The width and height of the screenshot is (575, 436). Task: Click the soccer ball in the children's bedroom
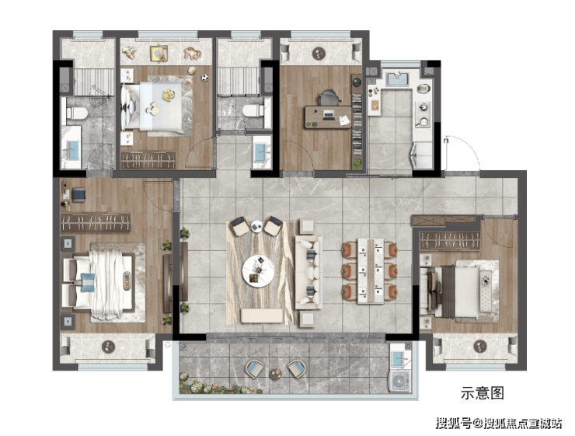coord(204,78)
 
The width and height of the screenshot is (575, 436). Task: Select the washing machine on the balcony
coord(399,382)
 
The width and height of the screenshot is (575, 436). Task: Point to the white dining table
coord(371,270)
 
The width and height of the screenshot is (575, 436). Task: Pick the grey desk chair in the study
coord(327,98)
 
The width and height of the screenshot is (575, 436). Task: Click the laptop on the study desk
coord(329,115)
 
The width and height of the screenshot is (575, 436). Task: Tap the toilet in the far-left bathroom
coord(76,113)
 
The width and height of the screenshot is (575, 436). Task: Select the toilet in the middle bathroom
coord(253,110)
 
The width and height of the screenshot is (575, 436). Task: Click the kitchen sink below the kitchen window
coord(397,79)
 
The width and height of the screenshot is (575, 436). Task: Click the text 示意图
coord(483,392)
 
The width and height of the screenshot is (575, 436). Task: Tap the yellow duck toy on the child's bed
coord(169,95)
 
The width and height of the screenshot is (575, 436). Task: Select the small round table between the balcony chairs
coord(275,374)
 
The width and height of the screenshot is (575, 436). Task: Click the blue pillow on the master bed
coord(87,282)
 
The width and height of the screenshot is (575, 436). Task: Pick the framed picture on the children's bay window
coord(159,54)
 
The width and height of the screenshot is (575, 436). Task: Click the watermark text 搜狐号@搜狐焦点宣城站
coord(499,423)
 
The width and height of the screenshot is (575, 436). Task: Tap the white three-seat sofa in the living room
coord(308,272)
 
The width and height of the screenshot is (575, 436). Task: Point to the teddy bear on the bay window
coord(193,53)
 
